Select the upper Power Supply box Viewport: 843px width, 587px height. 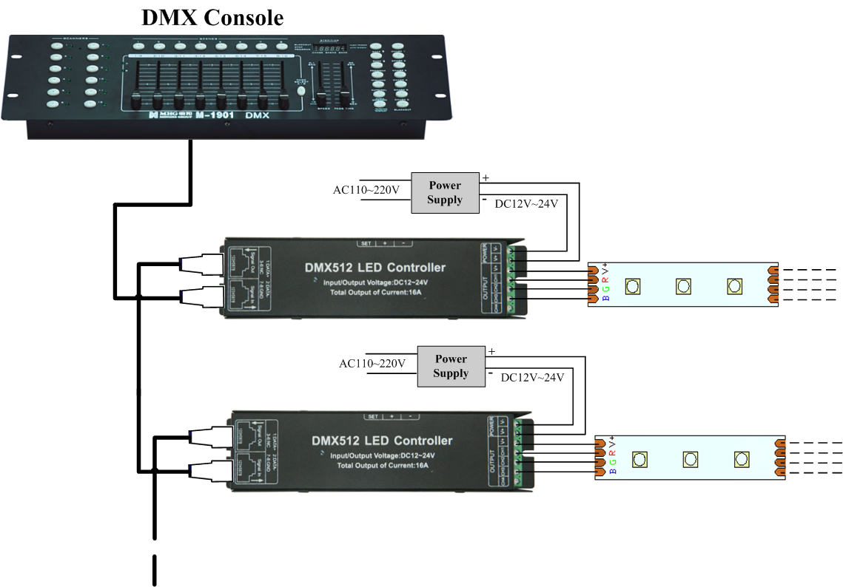pos(445,193)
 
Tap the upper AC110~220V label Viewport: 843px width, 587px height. pos(366,190)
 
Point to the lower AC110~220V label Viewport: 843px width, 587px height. pos(372,363)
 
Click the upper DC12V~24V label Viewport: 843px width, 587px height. pos(527,205)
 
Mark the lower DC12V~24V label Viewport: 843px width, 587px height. pos(532,377)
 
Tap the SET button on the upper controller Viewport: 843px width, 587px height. pos(366,242)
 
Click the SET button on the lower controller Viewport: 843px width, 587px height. pos(372,416)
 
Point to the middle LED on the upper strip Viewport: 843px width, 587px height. pos(683,286)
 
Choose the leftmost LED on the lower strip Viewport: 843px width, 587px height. pos(639,459)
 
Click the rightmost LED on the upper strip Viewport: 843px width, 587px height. pos(734,286)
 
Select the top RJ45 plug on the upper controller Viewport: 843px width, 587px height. pos(201,262)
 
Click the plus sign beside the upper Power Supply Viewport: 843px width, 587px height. pos(486,177)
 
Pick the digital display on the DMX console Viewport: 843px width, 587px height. pos(328,47)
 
